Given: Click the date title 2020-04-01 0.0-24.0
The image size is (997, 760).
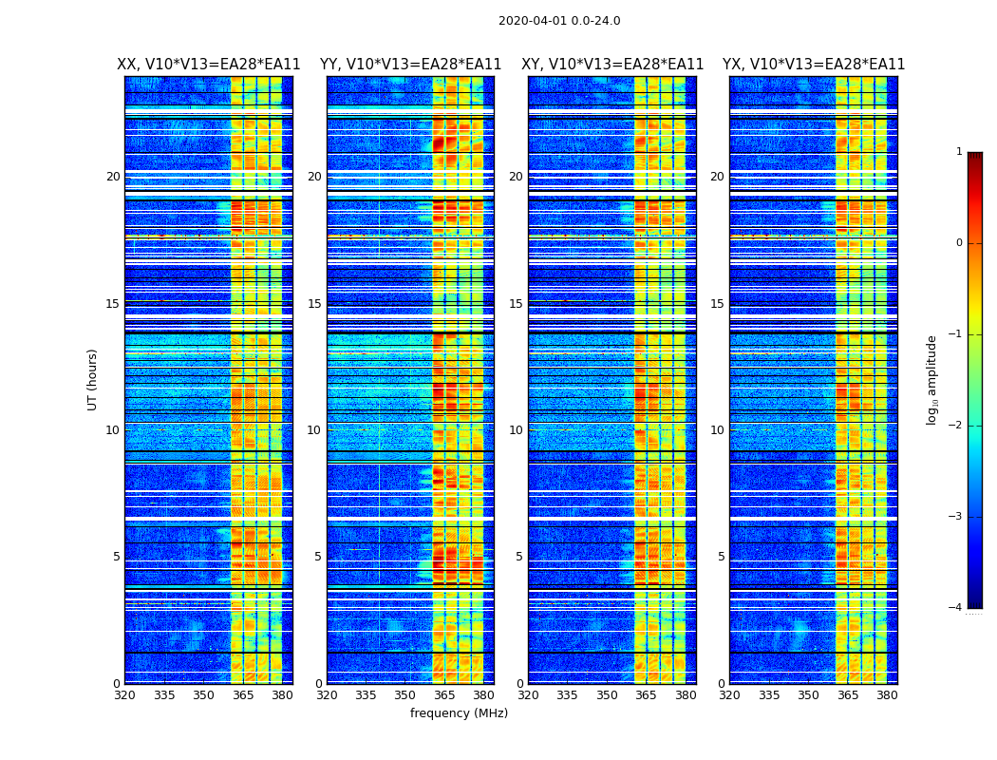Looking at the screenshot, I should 559,21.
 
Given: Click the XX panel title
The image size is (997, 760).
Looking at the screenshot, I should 209,65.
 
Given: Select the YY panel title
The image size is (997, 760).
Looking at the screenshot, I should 410,65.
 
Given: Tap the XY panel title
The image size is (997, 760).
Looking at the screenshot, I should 612,65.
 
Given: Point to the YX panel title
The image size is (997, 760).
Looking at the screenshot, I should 814,65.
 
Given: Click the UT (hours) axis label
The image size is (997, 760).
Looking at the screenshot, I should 93,379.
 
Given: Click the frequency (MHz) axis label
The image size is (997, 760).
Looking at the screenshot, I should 459,713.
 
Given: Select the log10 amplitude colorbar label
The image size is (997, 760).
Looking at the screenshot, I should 932,379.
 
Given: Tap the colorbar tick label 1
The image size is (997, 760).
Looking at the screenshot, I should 958,152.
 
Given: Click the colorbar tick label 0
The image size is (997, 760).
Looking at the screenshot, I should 958,243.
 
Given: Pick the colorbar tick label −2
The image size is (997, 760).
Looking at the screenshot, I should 955,426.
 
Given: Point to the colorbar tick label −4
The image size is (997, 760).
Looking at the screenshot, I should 955,608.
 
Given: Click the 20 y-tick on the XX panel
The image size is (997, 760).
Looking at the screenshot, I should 113,177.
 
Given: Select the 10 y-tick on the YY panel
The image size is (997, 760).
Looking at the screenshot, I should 314,430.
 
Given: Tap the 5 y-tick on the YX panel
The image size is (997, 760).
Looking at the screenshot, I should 721,557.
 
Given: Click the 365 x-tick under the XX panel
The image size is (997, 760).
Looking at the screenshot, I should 243,695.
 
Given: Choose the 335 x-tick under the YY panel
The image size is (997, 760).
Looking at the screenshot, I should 367,695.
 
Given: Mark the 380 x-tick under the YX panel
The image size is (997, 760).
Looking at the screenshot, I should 887,695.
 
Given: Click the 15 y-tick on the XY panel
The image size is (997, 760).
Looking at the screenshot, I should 516,304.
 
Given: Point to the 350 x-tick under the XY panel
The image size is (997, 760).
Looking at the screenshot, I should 607,695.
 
